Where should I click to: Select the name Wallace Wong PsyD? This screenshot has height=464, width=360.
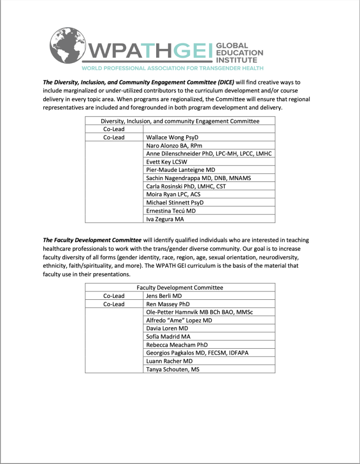pos(173,137)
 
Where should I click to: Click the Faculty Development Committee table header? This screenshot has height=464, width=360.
pos(180,288)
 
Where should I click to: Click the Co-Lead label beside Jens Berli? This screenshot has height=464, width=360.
pos(114,296)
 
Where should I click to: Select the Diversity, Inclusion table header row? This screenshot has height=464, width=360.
pos(180,121)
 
